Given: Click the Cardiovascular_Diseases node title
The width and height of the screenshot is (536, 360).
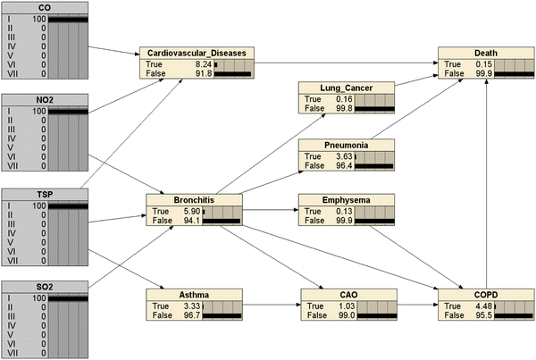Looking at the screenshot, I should (x=197, y=53).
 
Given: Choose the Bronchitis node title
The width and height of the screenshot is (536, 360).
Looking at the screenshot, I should (x=190, y=200).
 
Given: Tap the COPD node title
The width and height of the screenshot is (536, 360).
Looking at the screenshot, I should (x=481, y=293).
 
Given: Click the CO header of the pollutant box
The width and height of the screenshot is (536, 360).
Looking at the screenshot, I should (x=45, y=8).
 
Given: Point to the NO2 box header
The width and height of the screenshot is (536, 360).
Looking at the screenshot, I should (x=45, y=101).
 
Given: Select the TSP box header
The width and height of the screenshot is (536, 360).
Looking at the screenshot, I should (x=45, y=194).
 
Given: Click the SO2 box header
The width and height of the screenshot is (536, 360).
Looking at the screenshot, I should (x=45, y=287).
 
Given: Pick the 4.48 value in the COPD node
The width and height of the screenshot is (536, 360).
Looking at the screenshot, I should (x=476, y=306).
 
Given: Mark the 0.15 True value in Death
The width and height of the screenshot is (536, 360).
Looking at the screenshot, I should (x=476, y=64).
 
